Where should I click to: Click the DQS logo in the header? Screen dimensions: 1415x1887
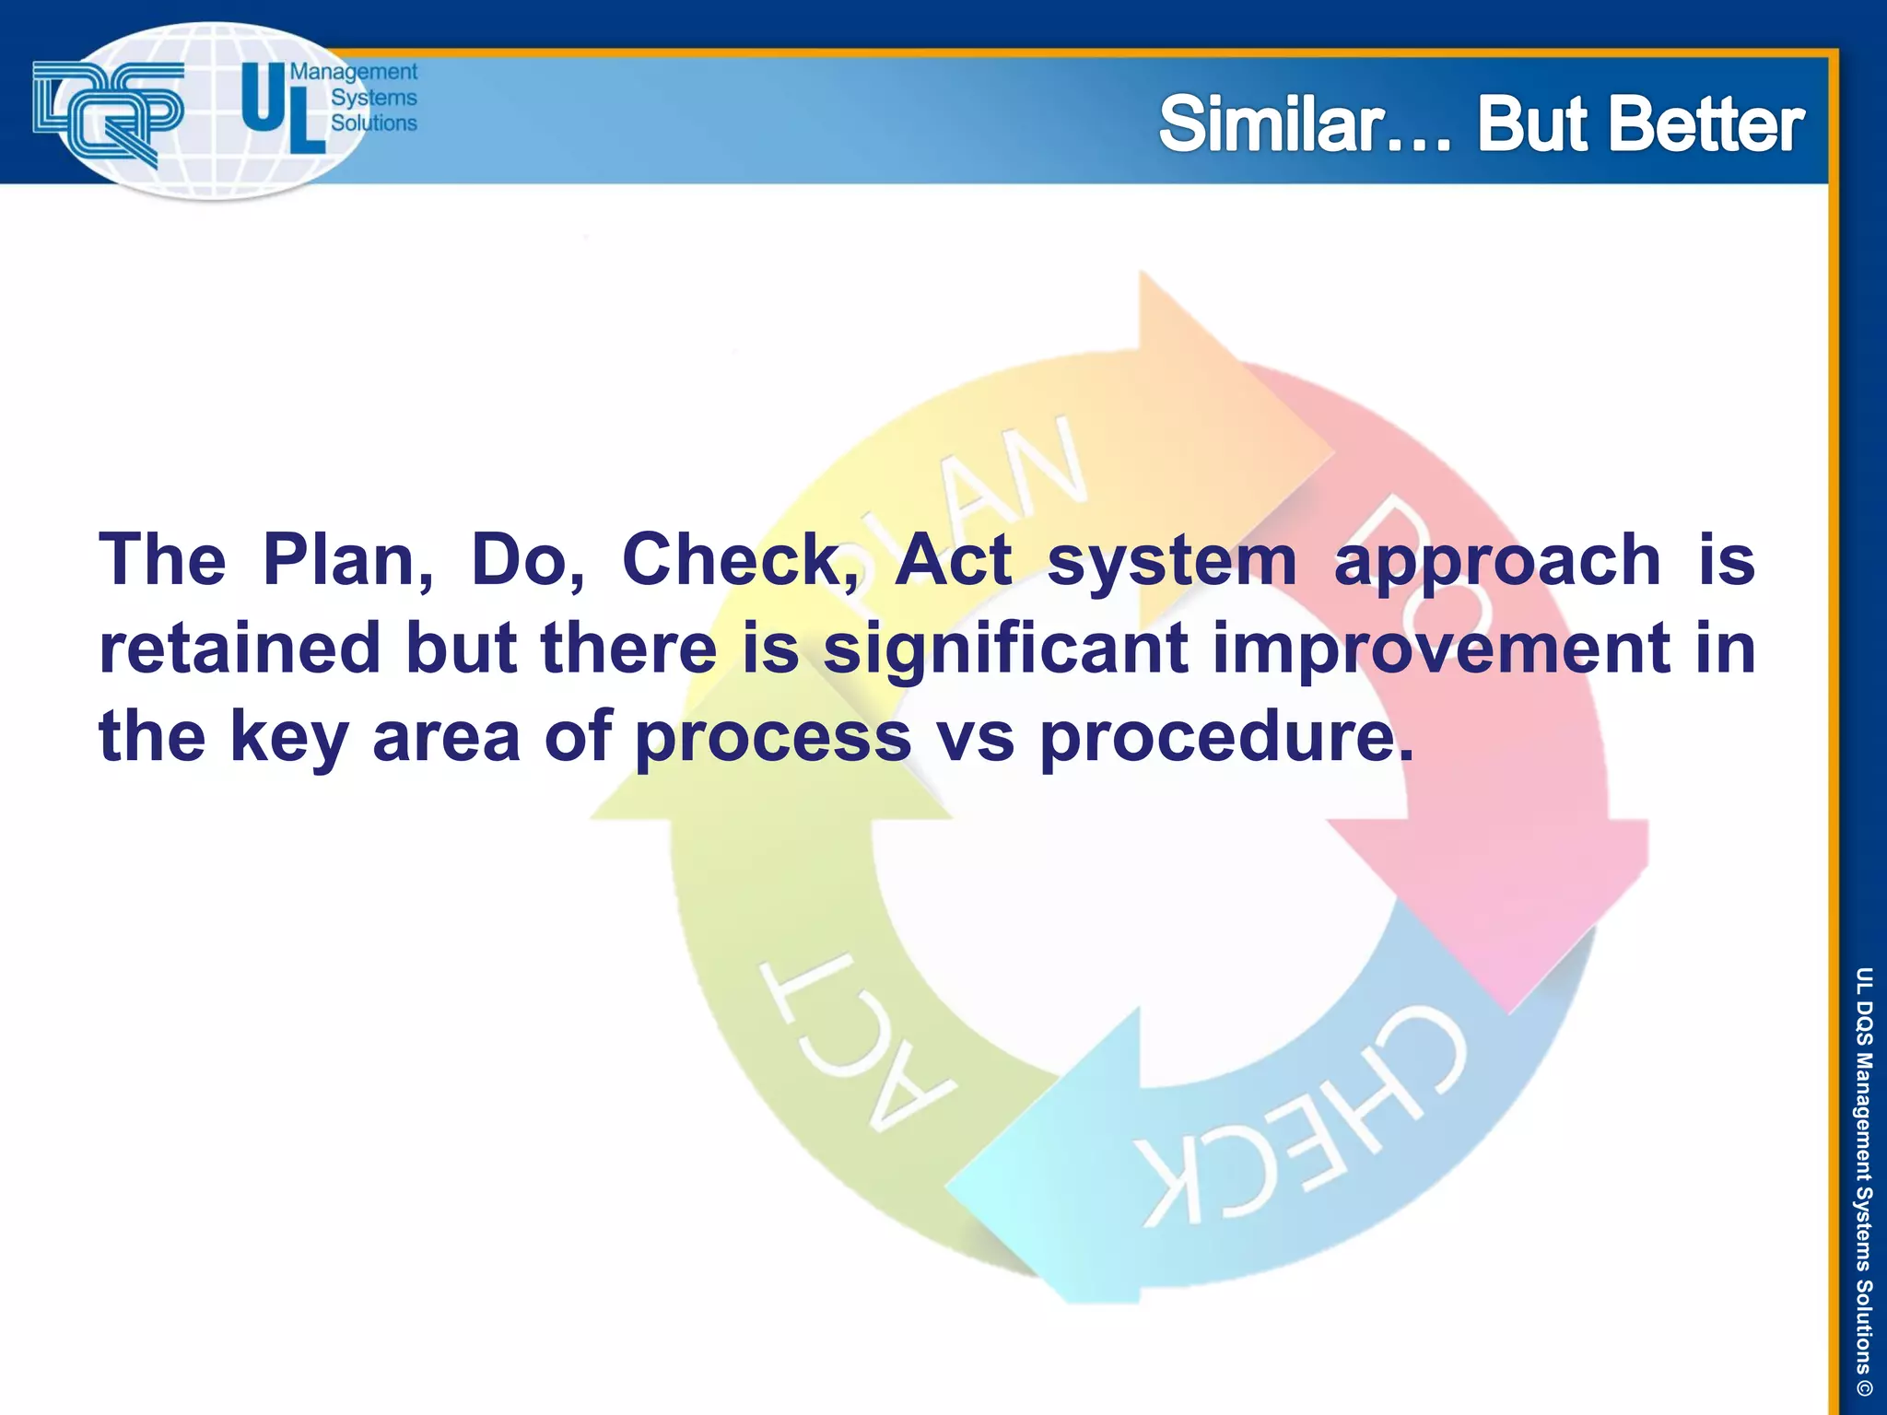[109, 112]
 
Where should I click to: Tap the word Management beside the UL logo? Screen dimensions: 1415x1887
[354, 72]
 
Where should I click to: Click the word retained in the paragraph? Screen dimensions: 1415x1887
[240, 648]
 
